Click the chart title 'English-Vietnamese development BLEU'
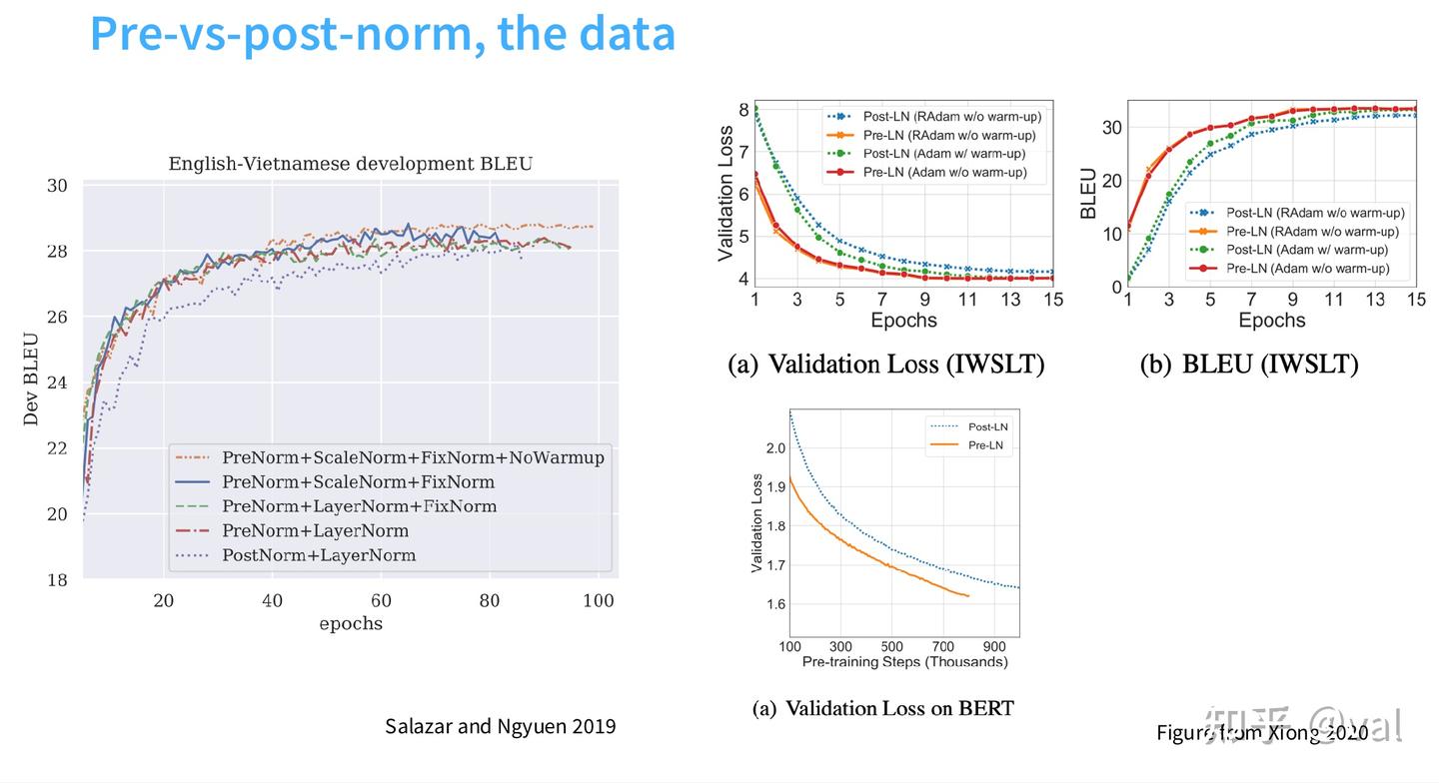(x=351, y=163)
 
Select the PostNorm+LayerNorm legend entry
(x=318, y=555)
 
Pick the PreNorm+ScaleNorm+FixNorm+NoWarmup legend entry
(x=413, y=457)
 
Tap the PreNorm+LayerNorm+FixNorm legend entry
(x=359, y=506)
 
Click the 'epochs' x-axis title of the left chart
(x=351, y=623)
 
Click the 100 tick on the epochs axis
(x=598, y=600)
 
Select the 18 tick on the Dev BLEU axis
(x=57, y=580)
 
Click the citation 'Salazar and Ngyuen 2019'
(x=501, y=726)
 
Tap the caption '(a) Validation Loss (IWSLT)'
(x=885, y=365)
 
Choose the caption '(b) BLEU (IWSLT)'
(x=1249, y=365)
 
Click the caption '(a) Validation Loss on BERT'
(x=882, y=709)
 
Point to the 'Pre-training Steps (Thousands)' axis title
(x=904, y=662)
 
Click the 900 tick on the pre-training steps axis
(x=993, y=646)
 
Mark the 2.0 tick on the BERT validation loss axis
(x=774, y=447)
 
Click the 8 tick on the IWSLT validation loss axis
(x=743, y=109)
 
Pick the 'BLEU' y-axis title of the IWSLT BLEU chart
(x=1088, y=194)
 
